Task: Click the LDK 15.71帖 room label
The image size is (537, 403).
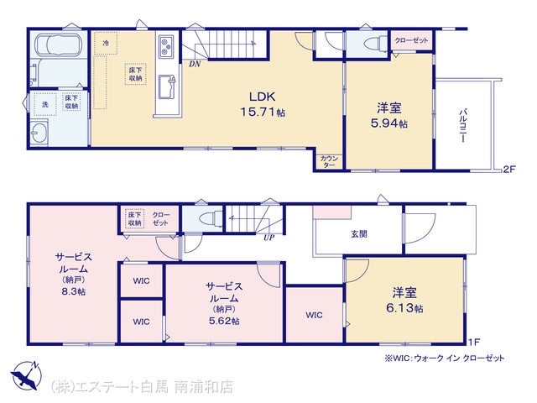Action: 263,104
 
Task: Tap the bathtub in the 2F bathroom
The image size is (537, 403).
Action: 58,44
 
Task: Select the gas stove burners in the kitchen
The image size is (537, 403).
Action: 166,46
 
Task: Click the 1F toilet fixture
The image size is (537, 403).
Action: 211,217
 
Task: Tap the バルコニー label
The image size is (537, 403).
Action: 463,125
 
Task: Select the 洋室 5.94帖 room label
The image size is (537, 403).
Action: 389,116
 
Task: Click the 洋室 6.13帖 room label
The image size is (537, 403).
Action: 404,301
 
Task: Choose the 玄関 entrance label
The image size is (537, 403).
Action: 358,234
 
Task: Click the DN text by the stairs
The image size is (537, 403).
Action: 195,64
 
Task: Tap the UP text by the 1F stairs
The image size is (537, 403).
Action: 268,237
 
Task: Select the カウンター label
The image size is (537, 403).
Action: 329,161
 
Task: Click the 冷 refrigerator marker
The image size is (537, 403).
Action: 106,43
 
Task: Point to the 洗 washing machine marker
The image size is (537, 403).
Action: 45,104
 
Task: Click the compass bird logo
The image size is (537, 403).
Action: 26,375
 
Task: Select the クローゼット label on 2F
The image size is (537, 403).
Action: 411,40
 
